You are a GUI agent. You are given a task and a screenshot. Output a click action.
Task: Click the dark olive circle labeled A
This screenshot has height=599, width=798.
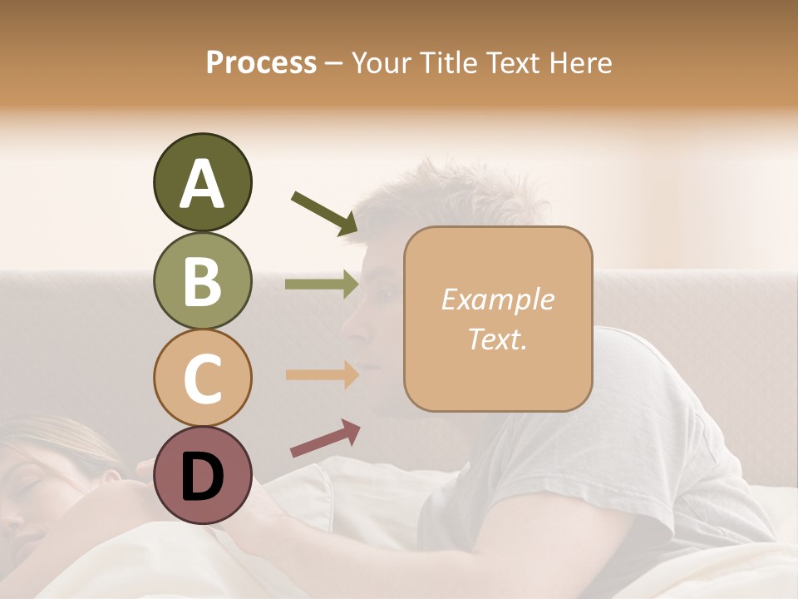click(x=202, y=182)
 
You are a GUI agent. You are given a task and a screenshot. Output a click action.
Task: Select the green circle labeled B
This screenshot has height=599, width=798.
click(x=202, y=280)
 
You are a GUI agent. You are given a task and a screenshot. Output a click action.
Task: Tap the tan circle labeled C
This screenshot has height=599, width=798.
click(x=202, y=378)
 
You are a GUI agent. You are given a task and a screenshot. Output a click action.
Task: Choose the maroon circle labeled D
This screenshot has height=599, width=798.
click(x=202, y=475)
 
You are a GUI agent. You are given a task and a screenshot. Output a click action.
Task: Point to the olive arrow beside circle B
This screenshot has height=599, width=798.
click(x=322, y=285)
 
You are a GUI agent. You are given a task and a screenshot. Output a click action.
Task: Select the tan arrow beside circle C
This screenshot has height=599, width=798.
click(x=322, y=374)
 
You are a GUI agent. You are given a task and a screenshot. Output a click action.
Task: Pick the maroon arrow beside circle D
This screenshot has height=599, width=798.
click(x=325, y=438)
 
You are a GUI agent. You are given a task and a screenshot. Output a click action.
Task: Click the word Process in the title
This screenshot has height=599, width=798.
click(x=261, y=62)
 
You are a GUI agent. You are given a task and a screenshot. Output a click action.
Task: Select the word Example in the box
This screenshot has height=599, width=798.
click(x=497, y=299)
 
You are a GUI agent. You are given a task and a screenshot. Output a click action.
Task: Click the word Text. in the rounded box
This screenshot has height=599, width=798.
click(x=497, y=339)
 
